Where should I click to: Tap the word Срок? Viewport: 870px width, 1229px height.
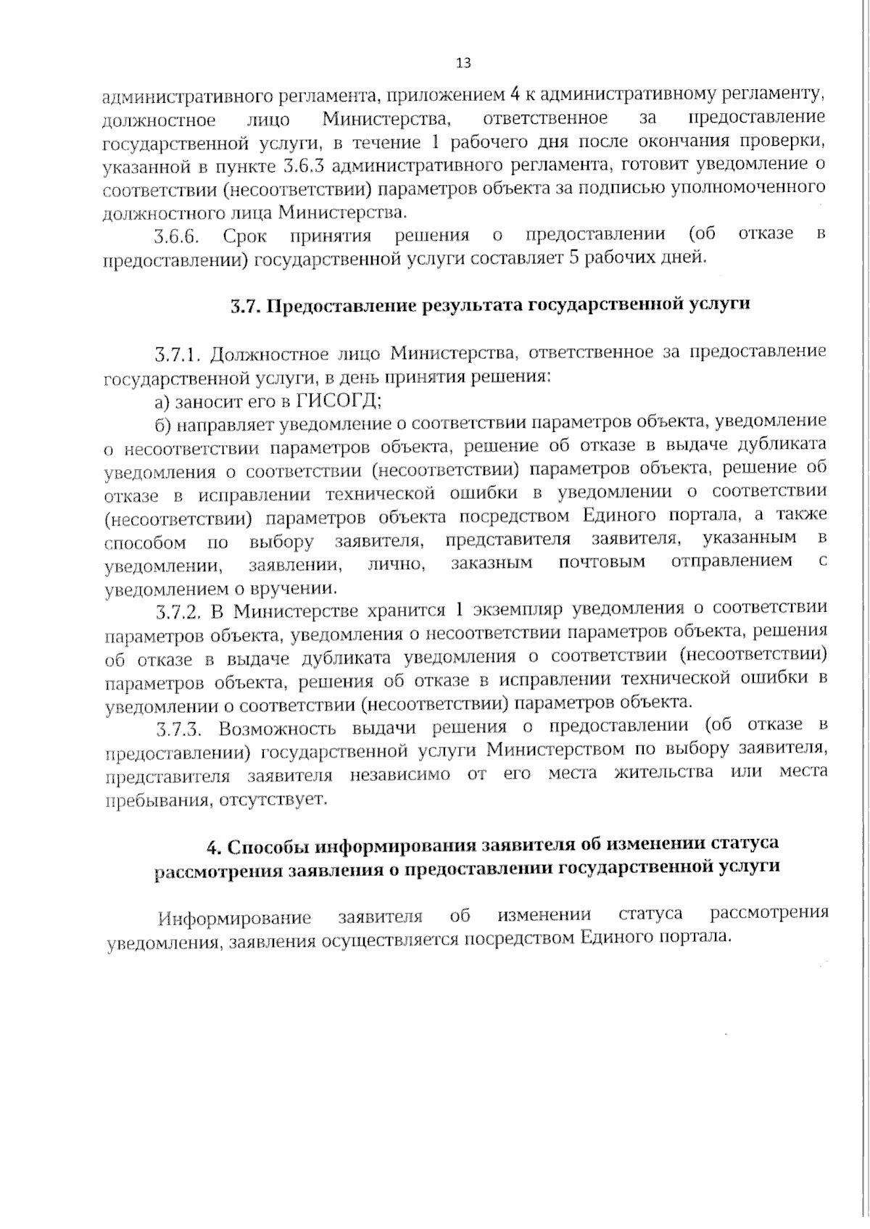click(245, 236)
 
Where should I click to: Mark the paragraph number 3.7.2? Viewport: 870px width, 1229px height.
click(177, 611)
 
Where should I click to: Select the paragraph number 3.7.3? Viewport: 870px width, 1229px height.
click(177, 728)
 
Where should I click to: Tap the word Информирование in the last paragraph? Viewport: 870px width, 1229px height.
click(235, 918)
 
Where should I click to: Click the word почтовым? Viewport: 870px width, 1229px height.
click(602, 563)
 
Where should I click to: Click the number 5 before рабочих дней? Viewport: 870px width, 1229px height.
click(573, 257)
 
